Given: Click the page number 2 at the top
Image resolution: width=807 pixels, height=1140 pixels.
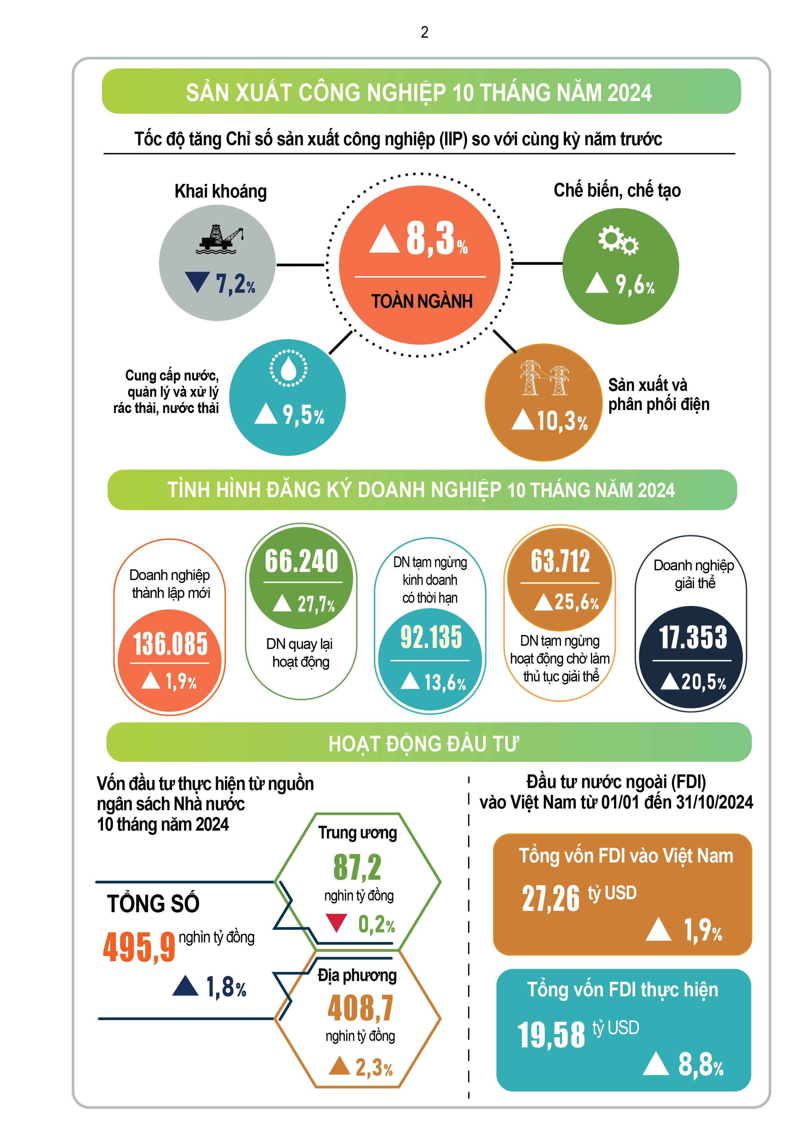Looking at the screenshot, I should tap(424, 32).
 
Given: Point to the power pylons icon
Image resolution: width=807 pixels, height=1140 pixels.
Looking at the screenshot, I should tap(545, 378).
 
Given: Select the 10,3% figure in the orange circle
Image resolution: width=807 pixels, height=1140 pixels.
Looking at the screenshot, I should tap(562, 421).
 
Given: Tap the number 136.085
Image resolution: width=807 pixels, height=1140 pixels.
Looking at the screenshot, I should tap(170, 644).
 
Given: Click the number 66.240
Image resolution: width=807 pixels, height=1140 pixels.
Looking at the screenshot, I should tap(301, 561).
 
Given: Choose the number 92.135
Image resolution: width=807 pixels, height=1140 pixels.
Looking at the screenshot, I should tap(431, 637).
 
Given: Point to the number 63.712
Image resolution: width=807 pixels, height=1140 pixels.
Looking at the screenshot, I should tap(560, 561).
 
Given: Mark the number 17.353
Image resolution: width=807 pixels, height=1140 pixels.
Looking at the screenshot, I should tap(693, 638).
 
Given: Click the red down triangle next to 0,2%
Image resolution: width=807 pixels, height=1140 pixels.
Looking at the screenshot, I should tap(336, 923).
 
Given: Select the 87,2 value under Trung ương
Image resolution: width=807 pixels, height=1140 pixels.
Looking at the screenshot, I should tap(357, 867).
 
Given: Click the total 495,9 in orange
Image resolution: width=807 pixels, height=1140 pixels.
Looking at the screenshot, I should tap(139, 947).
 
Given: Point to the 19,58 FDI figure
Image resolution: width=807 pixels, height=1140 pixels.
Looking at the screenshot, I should tap(551, 1035).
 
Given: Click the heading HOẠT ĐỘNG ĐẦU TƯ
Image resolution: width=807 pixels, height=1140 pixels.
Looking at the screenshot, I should tap(424, 744).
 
